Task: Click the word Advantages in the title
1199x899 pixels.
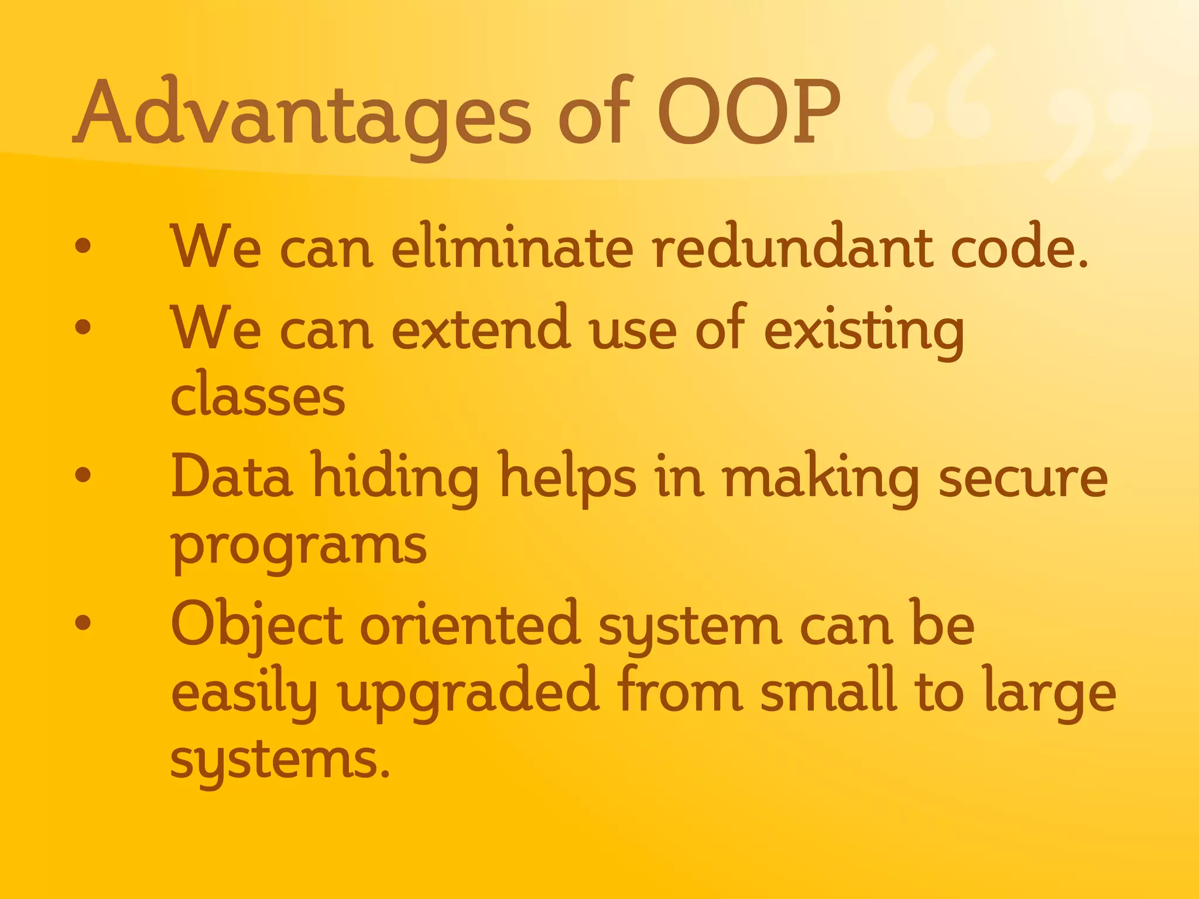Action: [302, 114]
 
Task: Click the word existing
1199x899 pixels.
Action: [864, 331]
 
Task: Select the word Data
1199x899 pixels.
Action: [232, 477]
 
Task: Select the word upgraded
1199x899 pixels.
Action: [468, 694]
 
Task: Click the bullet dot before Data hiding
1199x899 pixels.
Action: [83, 475]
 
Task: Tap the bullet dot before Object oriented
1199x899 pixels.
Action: [83, 623]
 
